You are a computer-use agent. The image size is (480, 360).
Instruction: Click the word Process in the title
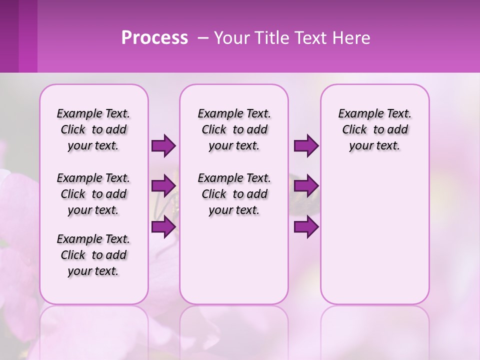pos(154,38)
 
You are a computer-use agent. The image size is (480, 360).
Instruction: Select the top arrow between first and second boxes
pos(163,145)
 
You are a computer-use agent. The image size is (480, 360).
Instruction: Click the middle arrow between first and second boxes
pos(163,186)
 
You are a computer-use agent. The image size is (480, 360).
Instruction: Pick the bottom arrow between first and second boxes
pos(163,226)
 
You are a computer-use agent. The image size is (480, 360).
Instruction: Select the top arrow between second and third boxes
pos(306,145)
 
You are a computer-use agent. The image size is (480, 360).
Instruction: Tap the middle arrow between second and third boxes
pos(306,186)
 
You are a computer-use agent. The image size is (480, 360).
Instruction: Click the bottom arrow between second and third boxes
pos(306,226)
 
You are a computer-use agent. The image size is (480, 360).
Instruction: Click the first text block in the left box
pos(93,129)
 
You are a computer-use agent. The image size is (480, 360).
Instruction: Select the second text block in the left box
pos(93,194)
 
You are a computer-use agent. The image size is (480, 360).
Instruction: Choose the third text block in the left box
pos(93,255)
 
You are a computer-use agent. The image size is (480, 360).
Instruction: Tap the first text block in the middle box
pos(234,129)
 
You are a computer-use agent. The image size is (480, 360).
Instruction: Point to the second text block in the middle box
pos(234,194)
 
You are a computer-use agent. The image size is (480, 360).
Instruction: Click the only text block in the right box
pos(374,129)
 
